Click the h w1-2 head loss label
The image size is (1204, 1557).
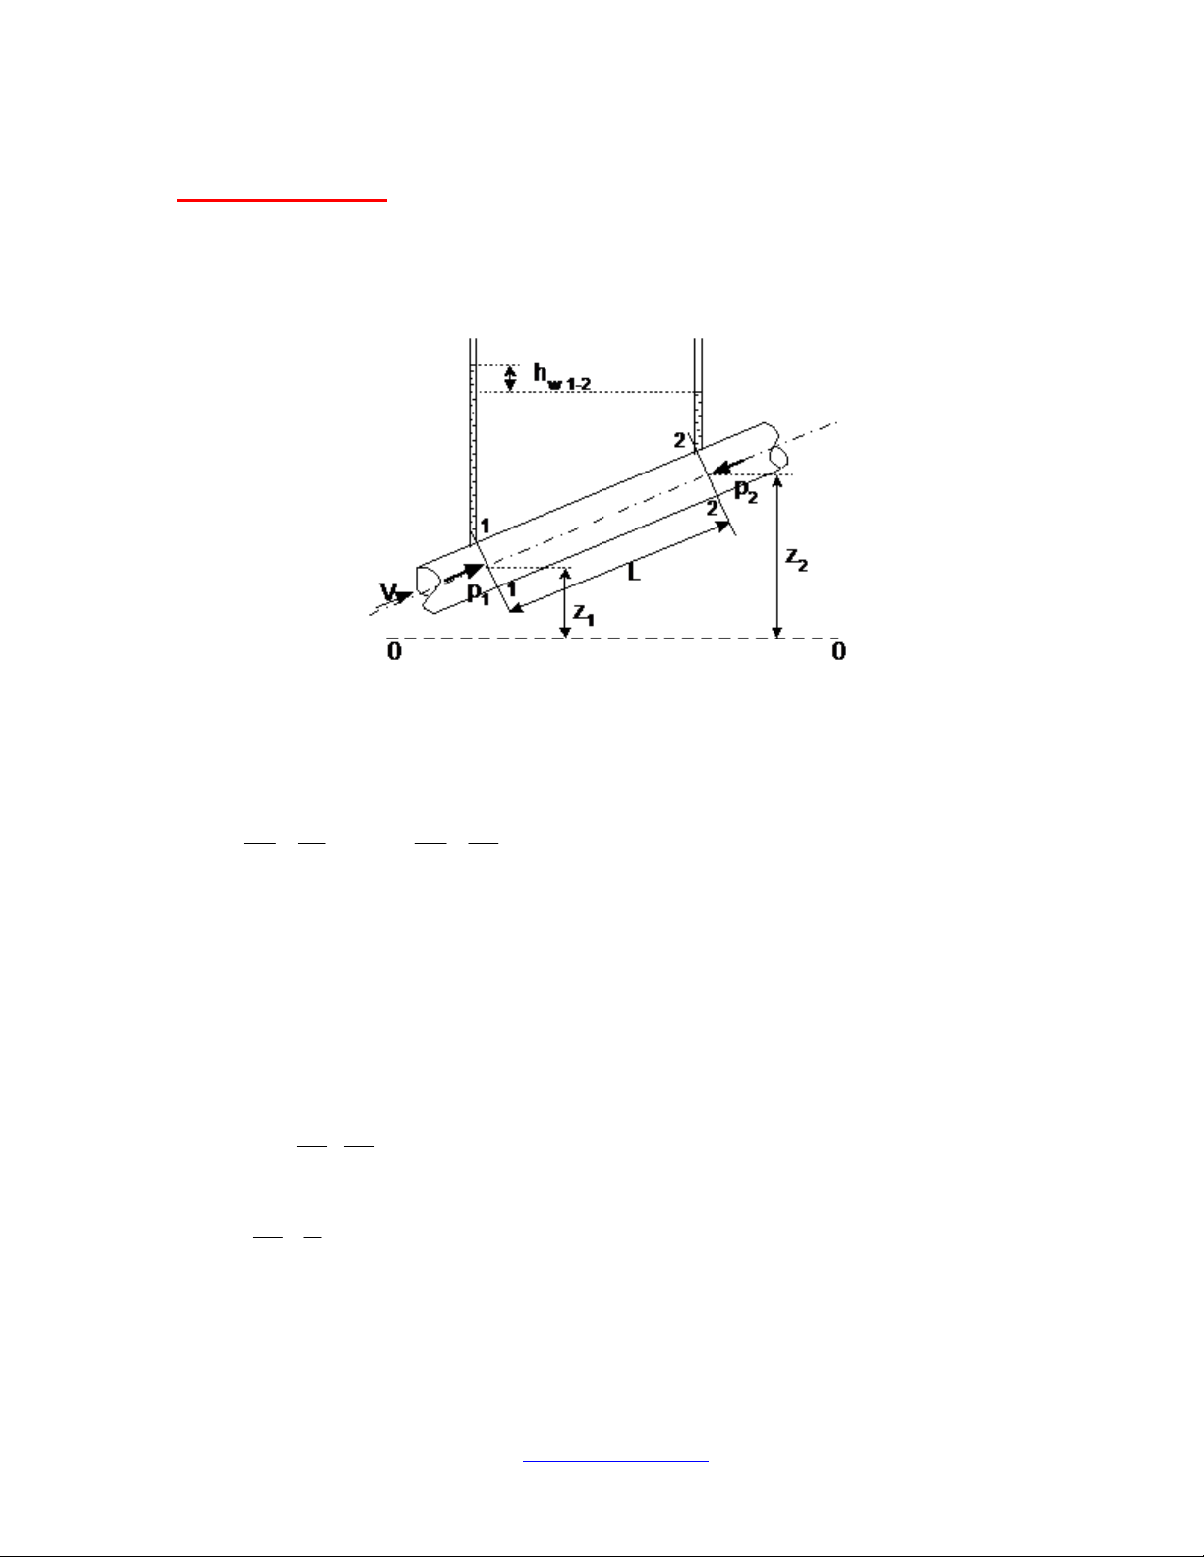click(562, 377)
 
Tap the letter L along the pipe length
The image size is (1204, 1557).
click(634, 572)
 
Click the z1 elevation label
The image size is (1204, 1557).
click(584, 614)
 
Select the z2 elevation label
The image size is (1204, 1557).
click(796, 559)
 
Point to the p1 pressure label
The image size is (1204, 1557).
click(479, 594)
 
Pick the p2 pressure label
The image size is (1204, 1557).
click(746, 491)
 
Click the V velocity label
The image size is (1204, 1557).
click(388, 591)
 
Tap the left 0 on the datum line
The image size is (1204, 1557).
click(394, 651)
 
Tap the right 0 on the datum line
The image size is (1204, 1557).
click(838, 651)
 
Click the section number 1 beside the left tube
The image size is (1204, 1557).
click(486, 526)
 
